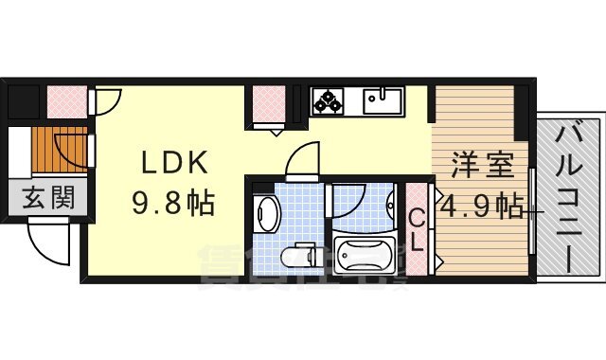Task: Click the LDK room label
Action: [172, 164]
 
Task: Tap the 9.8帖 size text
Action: [172, 202]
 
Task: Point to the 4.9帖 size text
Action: [481, 205]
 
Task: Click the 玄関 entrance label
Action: [45, 200]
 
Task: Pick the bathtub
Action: [363, 256]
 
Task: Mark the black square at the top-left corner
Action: [21, 100]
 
